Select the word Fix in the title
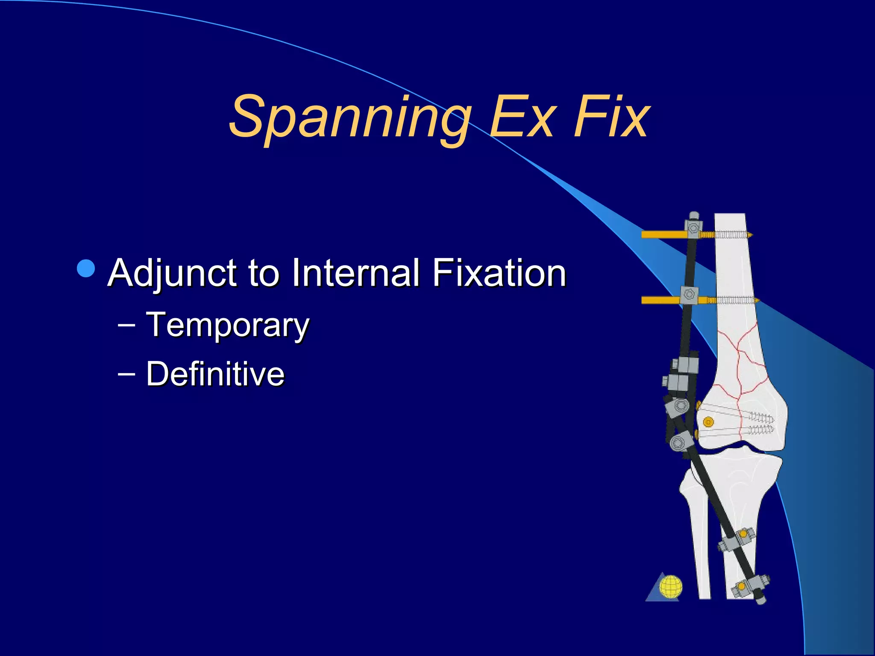611,117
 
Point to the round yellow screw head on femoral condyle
708,422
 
